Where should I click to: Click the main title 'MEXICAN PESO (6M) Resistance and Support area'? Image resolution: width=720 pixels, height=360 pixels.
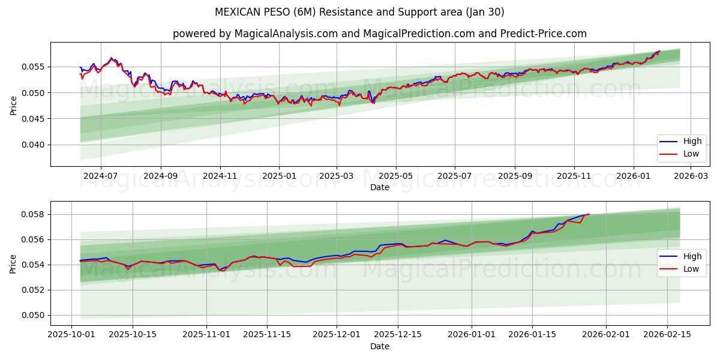click(359, 12)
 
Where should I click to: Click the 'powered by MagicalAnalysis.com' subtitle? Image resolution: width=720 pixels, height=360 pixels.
click(380, 34)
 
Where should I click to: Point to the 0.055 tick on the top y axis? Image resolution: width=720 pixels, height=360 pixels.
click(34, 67)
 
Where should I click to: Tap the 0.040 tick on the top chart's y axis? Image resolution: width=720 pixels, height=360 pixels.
click(34, 145)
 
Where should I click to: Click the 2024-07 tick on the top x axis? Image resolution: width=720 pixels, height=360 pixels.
click(100, 176)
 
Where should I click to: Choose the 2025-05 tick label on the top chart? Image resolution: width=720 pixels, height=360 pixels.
click(395, 176)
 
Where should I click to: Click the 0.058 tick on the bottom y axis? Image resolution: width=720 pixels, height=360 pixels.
click(34, 214)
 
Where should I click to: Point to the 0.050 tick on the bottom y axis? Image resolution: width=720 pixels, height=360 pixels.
click(34, 315)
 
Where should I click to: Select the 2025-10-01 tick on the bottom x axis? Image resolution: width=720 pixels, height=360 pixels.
click(71, 335)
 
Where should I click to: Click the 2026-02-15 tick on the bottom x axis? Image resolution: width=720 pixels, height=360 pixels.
click(666, 335)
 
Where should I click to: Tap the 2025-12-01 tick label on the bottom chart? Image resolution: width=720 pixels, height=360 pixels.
click(337, 335)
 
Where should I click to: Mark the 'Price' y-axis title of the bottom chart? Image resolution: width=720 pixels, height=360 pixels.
click(13, 263)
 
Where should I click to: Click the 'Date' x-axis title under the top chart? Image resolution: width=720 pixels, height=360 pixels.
click(380, 187)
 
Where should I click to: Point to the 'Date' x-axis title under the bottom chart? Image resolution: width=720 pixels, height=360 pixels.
click(380, 346)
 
